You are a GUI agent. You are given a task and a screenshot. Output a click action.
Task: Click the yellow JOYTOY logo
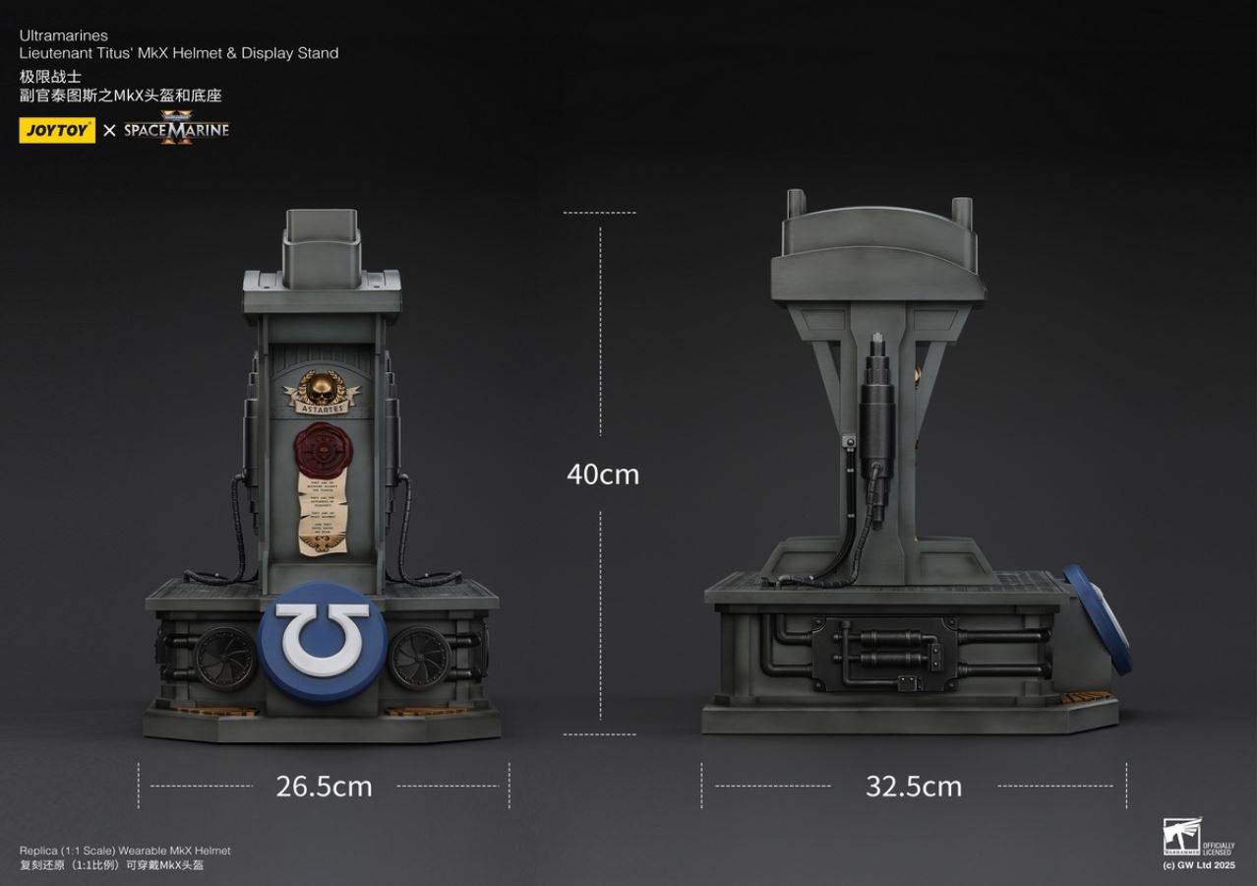click(57, 130)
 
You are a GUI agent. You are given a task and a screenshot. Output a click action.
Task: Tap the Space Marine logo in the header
click(176, 129)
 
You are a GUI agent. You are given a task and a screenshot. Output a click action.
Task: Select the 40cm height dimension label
click(602, 475)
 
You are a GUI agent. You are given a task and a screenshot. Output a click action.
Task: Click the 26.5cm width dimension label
click(324, 787)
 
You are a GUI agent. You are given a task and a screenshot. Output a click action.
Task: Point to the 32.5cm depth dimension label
click(913, 787)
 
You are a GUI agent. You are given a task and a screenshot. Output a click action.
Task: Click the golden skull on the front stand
click(323, 384)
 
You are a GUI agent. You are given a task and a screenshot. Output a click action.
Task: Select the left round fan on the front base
click(225, 658)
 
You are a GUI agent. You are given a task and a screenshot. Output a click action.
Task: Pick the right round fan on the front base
click(419, 658)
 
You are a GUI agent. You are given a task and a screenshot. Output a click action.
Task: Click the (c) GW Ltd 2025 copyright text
click(1198, 865)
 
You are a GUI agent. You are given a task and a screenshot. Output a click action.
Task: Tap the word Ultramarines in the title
click(63, 35)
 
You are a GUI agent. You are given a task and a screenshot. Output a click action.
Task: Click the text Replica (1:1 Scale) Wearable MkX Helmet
click(125, 851)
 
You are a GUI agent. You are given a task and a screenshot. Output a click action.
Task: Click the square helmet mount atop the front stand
click(322, 243)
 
